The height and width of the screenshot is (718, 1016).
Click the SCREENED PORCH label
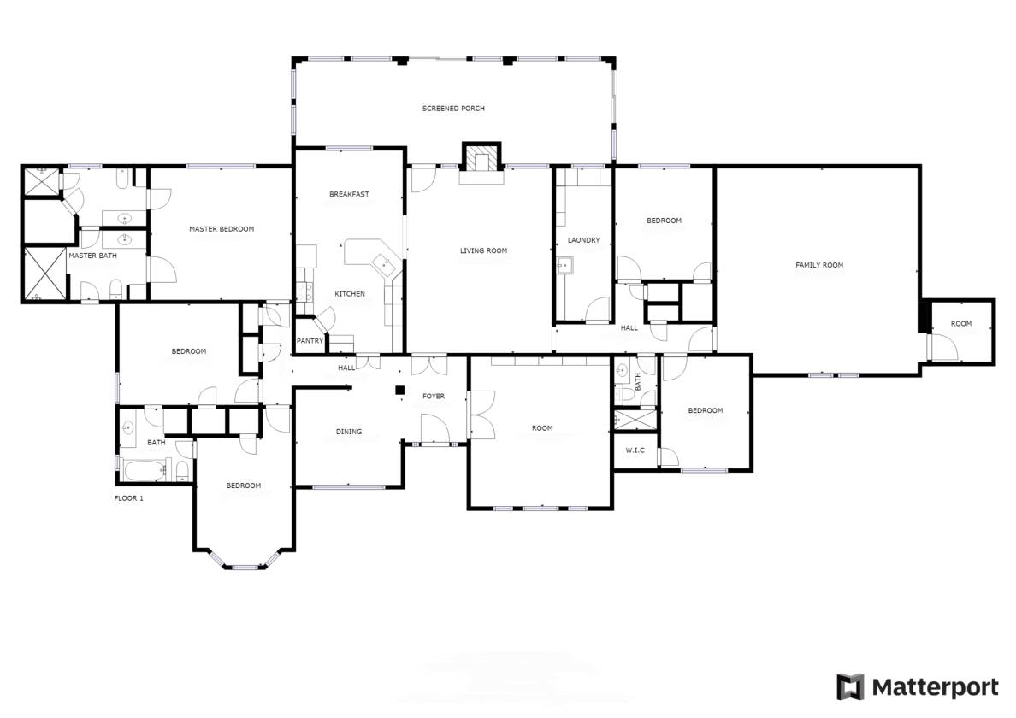pyautogui.click(x=453, y=109)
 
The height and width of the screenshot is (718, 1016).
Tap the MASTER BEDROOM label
pyautogui.click(x=222, y=229)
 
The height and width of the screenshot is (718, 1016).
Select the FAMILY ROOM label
pyautogui.click(x=819, y=265)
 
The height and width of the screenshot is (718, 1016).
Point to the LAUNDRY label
pyautogui.click(x=583, y=240)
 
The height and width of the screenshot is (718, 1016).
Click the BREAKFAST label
pyautogui.click(x=349, y=194)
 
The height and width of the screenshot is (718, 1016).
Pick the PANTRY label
pyautogui.click(x=310, y=340)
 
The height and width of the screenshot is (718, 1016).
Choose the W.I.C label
pyautogui.click(x=635, y=450)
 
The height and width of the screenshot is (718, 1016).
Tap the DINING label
pyautogui.click(x=348, y=432)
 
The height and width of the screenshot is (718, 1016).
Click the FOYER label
pyautogui.click(x=434, y=396)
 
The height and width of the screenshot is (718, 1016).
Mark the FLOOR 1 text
pyautogui.click(x=129, y=497)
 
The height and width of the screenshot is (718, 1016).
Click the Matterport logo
pyautogui.click(x=917, y=686)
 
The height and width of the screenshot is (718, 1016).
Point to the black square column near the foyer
pyautogui.click(x=399, y=390)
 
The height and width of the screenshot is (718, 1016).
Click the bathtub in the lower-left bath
pyautogui.click(x=146, y=470)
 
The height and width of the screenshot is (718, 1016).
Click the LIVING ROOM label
pyautogui.click(x=483, y=250)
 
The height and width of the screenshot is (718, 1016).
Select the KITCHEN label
pyautogui.click(x=349, y=294)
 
